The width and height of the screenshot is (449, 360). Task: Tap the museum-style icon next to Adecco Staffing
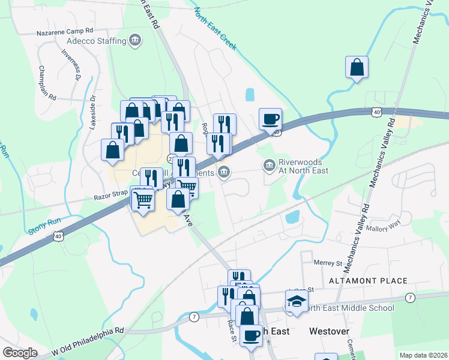click(136, 41)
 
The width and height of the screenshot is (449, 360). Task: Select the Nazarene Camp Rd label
click(65, 30)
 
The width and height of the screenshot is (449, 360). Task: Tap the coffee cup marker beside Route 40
click(270, 119)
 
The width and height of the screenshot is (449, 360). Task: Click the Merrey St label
click(328, 263)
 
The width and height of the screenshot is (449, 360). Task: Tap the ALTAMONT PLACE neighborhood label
click(369, 281)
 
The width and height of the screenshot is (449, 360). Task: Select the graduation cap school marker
click(297, 301)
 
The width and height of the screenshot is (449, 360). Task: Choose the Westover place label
click(328, 331)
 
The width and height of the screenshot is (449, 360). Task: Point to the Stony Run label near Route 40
click(44, 226)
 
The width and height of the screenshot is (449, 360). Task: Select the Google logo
click(20, 353)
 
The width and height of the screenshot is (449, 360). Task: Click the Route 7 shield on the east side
click(410, 298)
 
